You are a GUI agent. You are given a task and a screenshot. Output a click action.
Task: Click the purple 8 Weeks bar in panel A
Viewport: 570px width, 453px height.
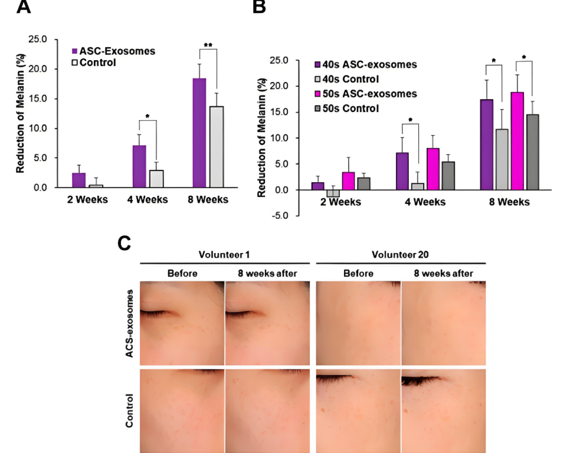point(199,133)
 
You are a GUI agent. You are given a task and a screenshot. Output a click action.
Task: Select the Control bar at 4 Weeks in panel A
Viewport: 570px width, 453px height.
point(156,179)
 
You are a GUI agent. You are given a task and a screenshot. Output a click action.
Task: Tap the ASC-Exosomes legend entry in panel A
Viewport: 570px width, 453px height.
point(113,51)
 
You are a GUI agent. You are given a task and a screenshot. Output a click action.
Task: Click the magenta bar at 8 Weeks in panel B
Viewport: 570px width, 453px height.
point(517,141)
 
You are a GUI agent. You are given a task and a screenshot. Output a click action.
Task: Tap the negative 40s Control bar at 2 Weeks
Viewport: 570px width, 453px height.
point(333,193)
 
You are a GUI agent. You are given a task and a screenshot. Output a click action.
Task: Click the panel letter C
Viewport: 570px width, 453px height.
point(124,242)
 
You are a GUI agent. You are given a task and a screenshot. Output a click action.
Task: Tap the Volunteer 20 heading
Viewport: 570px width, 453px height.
point(400,255)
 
